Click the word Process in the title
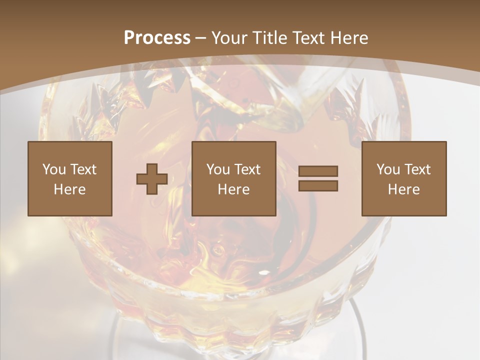pos(157,38)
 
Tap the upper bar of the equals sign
pos(318,171)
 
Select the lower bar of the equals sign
pos(318,186)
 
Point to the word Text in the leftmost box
pos(83,169)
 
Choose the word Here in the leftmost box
pos(69,189)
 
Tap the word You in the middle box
pos(218,169)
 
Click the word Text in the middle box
pos(247,169)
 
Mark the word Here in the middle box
pos(233,189)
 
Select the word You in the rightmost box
pos(388,169)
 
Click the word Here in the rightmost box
pos(403,189)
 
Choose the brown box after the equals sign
pos(404,205)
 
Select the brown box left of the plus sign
pos(70,205)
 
